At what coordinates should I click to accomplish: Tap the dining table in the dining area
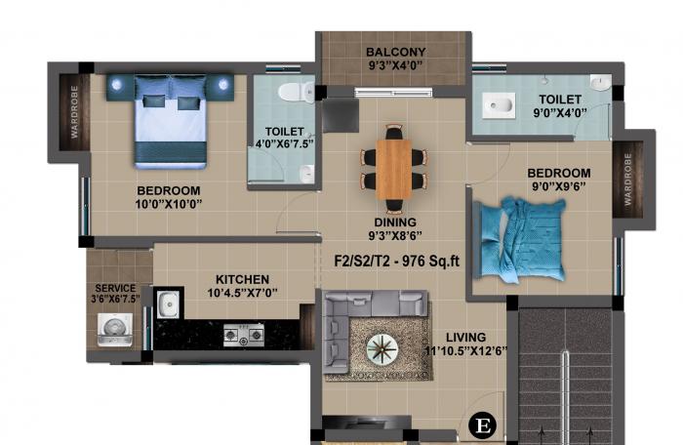point(395,164)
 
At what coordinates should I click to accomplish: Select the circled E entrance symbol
point(482,425)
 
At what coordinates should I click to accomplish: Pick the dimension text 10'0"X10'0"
point(169,205)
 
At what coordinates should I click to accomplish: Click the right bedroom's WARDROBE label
point(628,180)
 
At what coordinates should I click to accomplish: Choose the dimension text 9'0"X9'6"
point(560,188)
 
